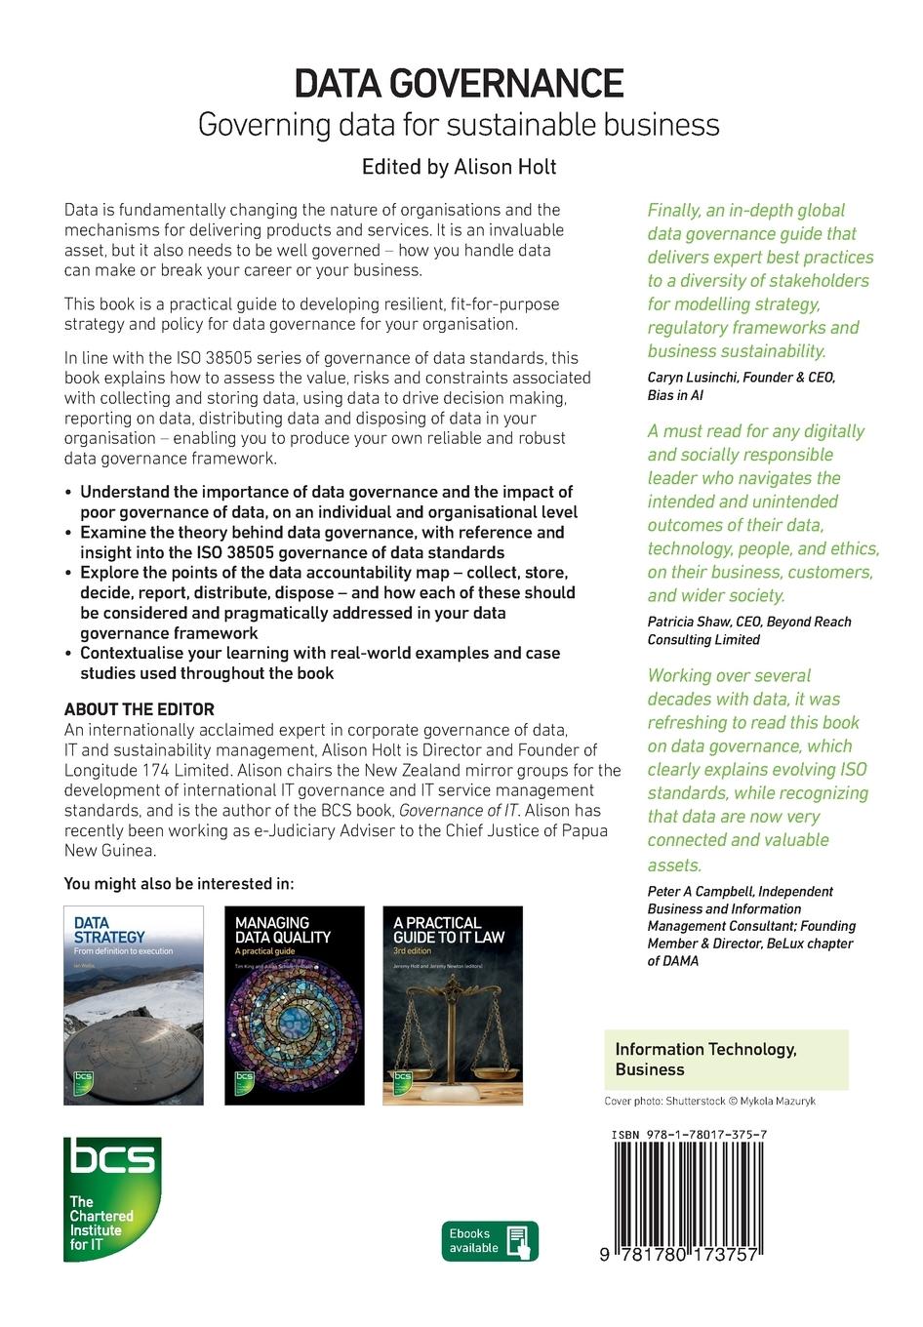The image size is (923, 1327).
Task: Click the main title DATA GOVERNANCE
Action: (460, 84)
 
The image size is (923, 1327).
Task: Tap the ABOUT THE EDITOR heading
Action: (139, 709)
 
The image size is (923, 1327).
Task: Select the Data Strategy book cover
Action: (134, 1006)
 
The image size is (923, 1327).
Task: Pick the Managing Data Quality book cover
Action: (294, 1006)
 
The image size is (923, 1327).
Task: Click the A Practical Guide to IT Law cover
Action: (452, 1006)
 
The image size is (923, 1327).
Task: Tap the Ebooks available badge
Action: (490, 1241)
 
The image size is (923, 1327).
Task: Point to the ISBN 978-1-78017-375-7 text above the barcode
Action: (688, 1136)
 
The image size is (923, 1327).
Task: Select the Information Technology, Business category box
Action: (726, 1060)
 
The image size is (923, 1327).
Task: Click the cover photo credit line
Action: (709, 1101)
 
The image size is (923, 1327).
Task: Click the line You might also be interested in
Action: (179, 884)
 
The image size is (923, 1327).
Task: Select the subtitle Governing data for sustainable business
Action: (459, 125)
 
